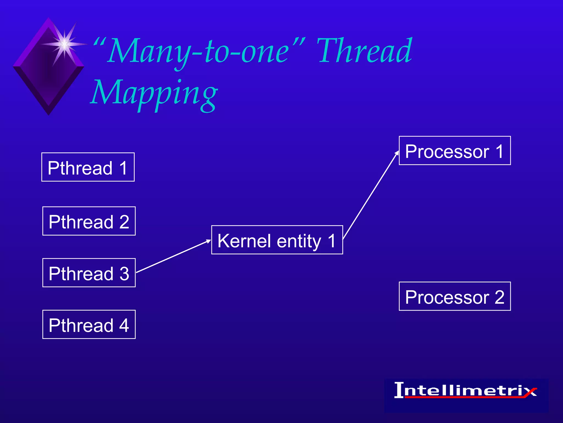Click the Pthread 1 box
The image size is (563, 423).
(88, 167)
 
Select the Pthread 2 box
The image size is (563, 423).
(89, 221)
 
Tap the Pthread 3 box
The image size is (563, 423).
(89, 273)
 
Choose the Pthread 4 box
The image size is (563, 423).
(89, 325)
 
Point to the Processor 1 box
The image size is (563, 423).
(455, 151)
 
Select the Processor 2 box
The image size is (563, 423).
(455, 296)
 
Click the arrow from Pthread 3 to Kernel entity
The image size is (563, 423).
(173, 256)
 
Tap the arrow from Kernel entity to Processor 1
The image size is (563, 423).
(370, 196)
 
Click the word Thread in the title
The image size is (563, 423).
(364, 51)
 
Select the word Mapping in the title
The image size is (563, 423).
(154, 94)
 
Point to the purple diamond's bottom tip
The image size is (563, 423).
(49, 113)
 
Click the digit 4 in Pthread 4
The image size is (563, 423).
(124, 325)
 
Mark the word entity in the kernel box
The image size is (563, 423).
(299, 241)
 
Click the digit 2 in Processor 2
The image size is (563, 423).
(499, 297)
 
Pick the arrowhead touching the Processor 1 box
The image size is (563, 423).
(397, 153)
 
